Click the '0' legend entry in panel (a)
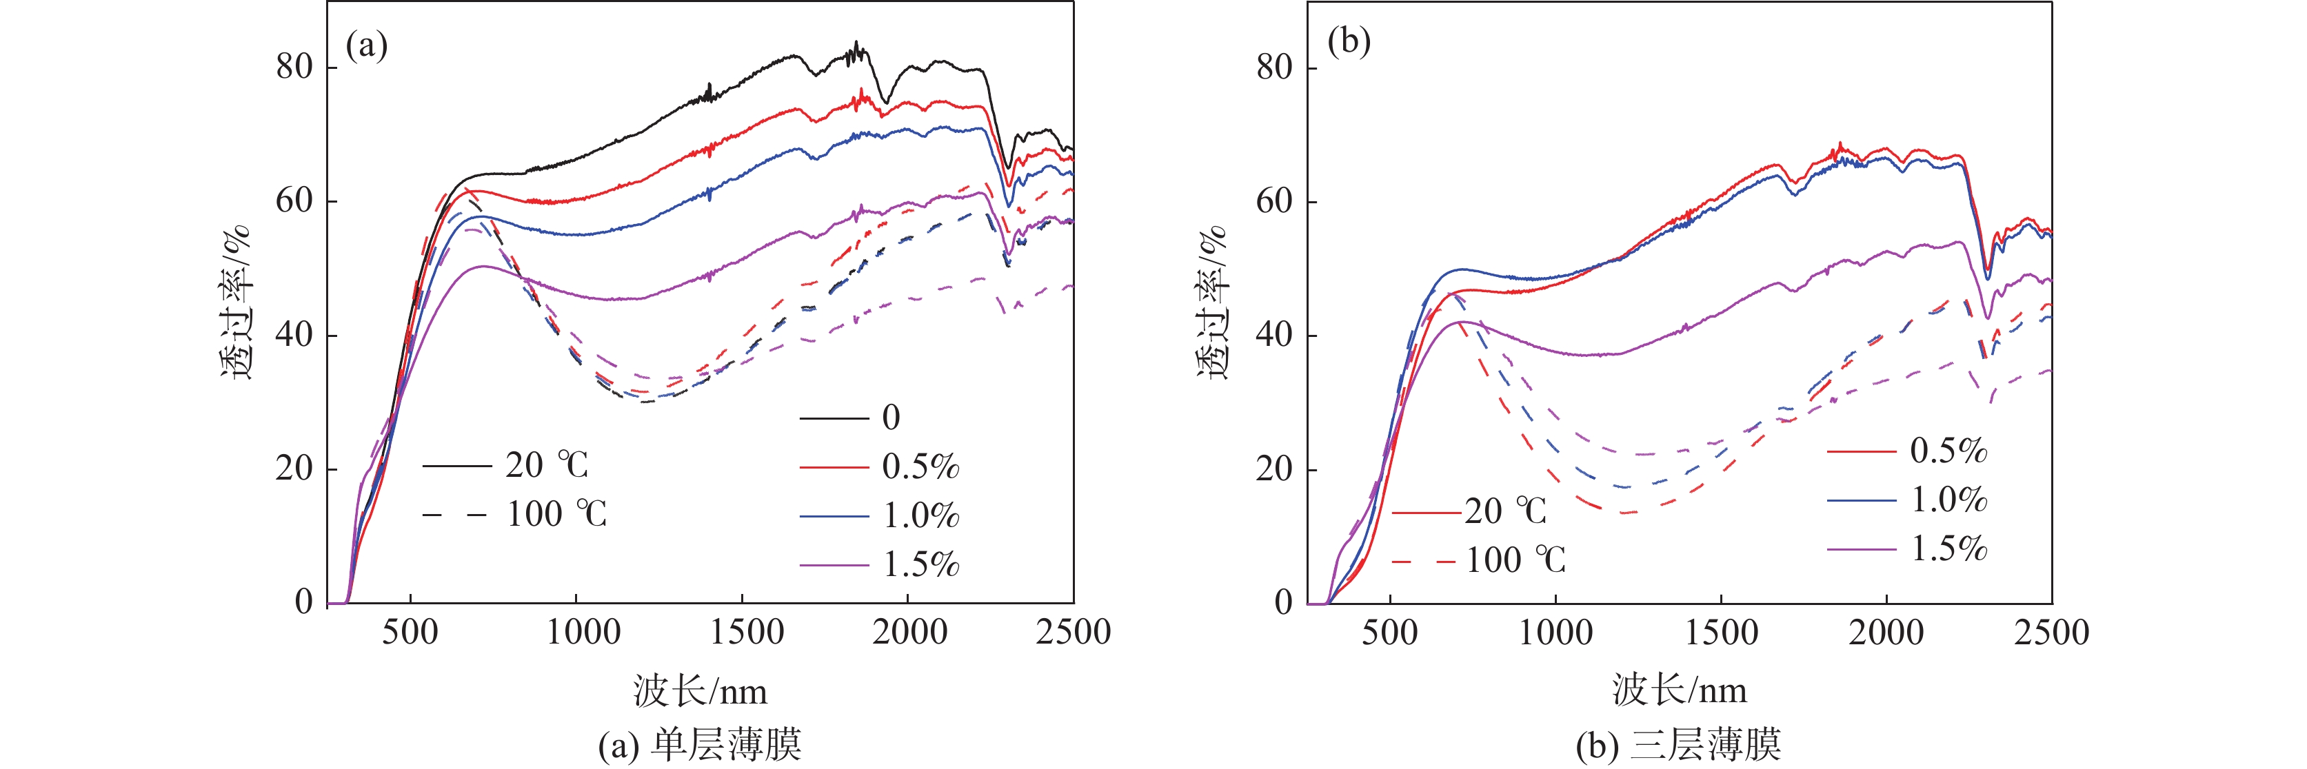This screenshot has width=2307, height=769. (x=890, y=417)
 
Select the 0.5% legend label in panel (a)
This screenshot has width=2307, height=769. (x=920, y=466)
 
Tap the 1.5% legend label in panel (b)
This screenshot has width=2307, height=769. (x=1948, y=548)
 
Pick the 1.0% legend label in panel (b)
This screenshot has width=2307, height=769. (x=1948, y=500)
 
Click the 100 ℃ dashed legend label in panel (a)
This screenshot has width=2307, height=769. (x=557, y=514)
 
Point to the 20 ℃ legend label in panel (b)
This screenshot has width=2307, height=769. (x=1505, y=511)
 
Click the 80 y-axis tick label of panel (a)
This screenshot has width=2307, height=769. (x=294, y=67)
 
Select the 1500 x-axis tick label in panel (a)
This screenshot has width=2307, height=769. (x=747, y=632)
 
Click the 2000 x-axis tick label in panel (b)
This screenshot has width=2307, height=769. (x=1886, y=632)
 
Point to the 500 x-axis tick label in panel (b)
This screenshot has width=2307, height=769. (x=1389, y=632)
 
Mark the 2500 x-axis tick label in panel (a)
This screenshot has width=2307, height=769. (x=1073, y=632)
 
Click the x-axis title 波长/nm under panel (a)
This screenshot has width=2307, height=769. (x=701, y=691)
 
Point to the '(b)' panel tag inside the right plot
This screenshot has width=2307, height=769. (x=1349, y=42)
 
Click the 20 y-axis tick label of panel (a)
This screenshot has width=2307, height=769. (x=294, y=468)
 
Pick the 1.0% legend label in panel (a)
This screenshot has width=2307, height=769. (x=920, y=515)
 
